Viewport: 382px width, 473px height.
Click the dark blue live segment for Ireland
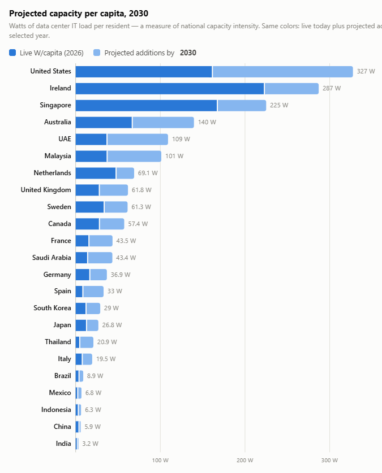[x=170, y=89]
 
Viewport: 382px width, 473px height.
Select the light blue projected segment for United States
[x=282, y=72]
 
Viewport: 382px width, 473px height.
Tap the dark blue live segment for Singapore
[x=146, y=106]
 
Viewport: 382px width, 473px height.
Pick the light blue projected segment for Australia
[x=164, y=123]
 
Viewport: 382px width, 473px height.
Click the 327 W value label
[x=366, y=72]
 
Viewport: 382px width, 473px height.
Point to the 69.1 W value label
[x=148, y=173]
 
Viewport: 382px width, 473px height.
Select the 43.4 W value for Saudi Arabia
[x=126, y=258]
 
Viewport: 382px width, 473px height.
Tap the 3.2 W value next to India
[x=91, y=444]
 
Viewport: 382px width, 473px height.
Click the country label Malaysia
[x=58, y=156]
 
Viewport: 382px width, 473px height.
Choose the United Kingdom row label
[x=46, y=190]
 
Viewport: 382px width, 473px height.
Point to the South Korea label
[x=52, y=308]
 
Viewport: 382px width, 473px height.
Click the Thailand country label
[x=58, y=342]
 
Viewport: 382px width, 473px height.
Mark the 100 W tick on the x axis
[x=160, y=461]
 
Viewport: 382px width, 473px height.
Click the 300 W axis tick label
[x=329, y=461]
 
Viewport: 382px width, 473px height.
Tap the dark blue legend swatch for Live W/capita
[x=12, y=53]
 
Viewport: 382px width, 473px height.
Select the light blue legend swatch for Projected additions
[x=97, y=53]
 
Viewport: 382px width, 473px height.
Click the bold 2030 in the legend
[x=188, y=53]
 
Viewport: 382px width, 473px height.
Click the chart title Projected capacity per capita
[x=79, y=14]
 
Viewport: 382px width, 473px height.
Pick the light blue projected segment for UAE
[x=138, y=140]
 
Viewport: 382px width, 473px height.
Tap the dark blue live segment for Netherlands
[x=96, y=173]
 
